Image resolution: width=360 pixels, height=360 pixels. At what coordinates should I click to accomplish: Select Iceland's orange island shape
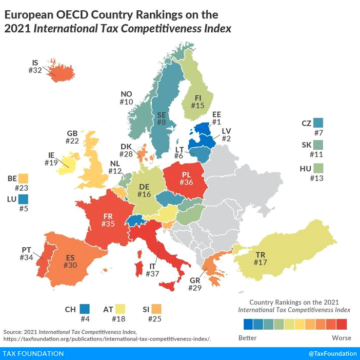(54, 72)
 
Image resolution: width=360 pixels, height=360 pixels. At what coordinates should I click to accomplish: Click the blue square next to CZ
(319, 123)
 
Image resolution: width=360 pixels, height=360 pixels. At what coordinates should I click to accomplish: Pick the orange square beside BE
(23, 179)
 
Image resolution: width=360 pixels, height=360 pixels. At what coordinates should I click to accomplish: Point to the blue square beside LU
(24, 198)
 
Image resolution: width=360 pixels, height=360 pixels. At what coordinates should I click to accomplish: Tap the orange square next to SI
(156, 309)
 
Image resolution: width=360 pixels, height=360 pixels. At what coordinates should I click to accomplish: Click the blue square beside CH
(85, 309)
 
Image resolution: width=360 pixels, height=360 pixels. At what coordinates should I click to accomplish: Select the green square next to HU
(319, 168)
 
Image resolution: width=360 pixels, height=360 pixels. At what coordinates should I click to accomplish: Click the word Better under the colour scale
(248, 338)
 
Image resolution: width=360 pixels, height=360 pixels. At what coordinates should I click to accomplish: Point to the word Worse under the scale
(341, 338)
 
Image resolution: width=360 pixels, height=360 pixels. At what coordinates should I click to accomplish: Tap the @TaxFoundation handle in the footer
(332, 354)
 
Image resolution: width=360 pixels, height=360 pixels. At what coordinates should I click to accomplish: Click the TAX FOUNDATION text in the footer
(33, 354)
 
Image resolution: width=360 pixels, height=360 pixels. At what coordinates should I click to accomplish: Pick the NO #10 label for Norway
(127, 98)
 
